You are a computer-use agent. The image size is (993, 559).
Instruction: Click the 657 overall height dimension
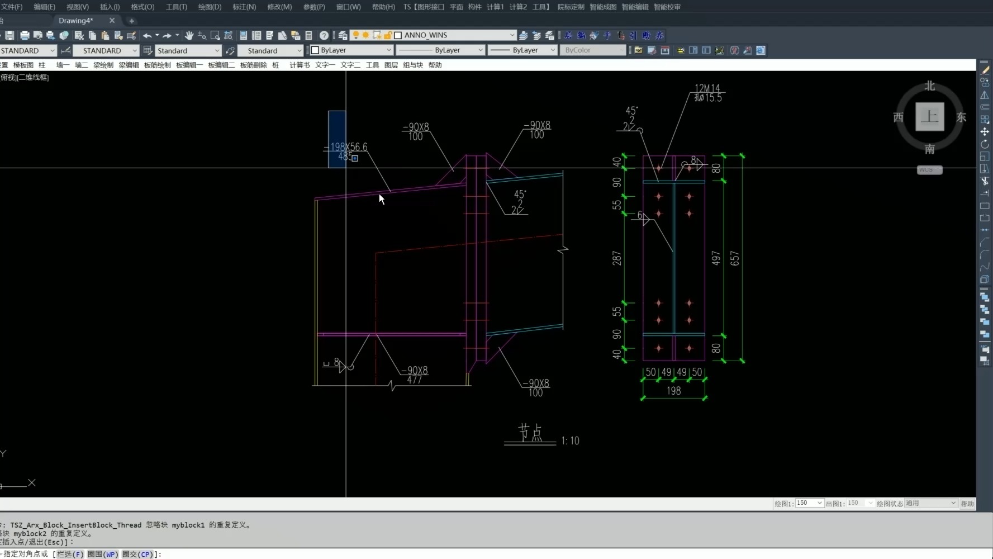point(734,258)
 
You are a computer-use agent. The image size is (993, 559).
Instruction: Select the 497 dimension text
point(716,258)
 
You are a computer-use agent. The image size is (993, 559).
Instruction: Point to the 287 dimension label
point(616,258)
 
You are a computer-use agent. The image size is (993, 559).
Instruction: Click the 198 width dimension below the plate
point(673,391)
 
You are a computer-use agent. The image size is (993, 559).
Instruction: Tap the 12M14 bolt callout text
point(707,88)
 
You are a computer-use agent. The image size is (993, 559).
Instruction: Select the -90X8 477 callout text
point(415,375)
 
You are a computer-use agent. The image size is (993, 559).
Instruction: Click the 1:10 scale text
point(570,441)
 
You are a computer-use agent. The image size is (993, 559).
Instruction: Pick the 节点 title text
point(530,432)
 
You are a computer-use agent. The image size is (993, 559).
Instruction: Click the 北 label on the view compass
point(929,86)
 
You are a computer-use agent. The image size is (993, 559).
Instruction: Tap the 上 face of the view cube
point(929,117)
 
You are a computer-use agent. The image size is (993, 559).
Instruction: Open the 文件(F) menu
point(11,7)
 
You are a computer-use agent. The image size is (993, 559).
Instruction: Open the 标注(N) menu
point(244,7)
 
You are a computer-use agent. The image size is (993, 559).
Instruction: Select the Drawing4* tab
point(76,21)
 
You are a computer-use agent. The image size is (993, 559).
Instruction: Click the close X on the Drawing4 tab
point(112,21)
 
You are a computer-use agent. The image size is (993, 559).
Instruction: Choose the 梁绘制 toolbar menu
point(103,65)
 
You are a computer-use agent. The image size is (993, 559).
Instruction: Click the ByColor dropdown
point(592,50)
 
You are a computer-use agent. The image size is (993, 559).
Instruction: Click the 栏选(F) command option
point(70,555)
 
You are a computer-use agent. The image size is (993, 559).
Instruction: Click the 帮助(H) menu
point(383,7)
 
